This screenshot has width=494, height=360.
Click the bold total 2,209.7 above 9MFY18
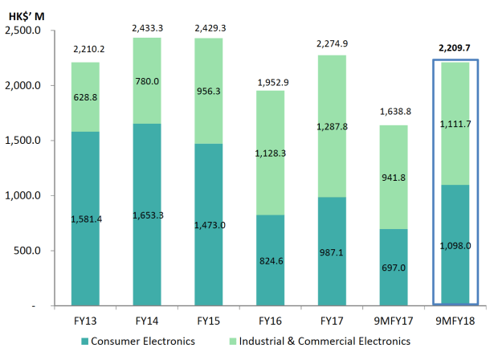pyautogui.click(x=455, y=48)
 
